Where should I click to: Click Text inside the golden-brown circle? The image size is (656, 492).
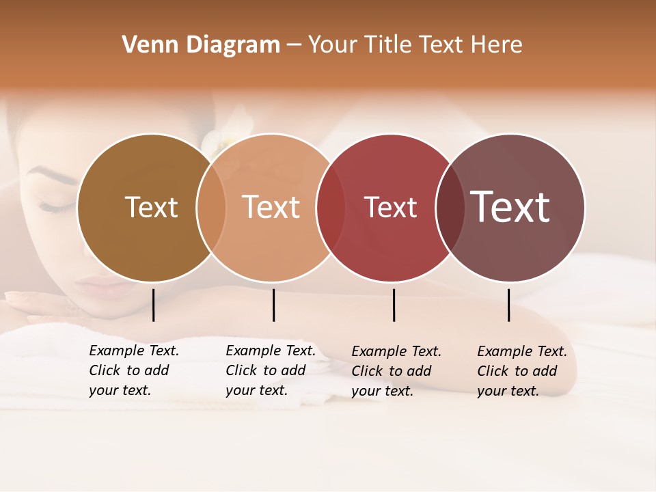tap(151, 207)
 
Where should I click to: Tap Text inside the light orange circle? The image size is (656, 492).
tap(271, 207)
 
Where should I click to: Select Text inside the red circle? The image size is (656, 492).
tap(390, 207)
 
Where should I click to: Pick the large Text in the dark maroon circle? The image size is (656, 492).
tap(510, 207)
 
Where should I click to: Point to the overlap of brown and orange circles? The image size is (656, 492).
tap(211, 207)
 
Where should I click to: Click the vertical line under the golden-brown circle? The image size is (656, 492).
tap(153, 305)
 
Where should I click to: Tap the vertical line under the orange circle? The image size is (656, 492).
tap(273, 305)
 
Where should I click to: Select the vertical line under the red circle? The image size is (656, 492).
tap(394, 305)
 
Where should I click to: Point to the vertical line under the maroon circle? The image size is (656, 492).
tap(508, 305)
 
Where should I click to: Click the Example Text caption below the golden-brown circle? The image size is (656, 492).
tap(133, 370)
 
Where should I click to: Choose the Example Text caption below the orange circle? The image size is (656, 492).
tap(270, 370)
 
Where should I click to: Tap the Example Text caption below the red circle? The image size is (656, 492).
tap(396, 371)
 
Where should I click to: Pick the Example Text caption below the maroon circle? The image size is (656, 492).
tap(521, 371)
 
